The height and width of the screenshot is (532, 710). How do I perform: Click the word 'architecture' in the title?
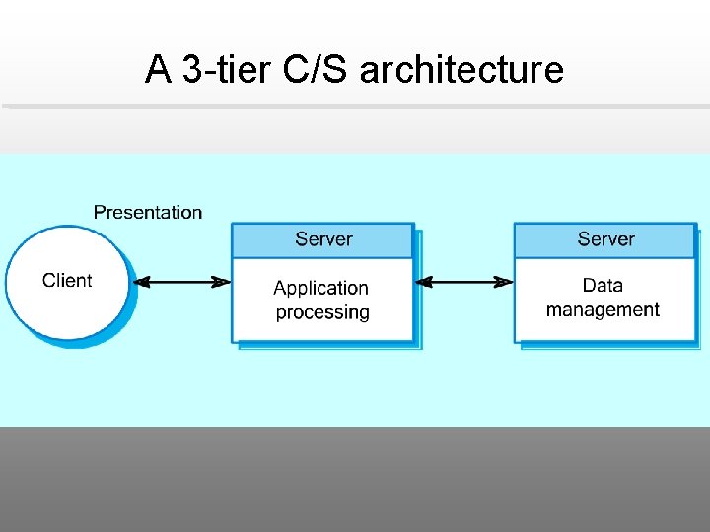coord(461,70)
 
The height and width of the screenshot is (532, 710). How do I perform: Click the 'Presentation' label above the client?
coord(148,212)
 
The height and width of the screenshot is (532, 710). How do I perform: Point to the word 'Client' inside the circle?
coord(67,281)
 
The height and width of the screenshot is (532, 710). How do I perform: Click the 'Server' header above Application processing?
coord(323,239)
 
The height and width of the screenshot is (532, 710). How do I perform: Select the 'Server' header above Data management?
coord(605,239)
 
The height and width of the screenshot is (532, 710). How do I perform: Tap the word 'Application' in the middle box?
coord(320,288)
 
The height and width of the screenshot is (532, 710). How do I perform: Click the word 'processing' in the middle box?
coord(322,312)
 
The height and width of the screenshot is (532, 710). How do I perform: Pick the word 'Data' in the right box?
coord(603,286)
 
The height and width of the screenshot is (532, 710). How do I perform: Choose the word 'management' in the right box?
coord(603,310)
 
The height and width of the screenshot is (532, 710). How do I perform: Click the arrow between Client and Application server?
coord(182,282)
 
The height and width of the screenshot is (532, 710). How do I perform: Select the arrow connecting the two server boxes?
coord(463,282)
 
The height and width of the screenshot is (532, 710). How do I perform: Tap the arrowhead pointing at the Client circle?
coord(142,282)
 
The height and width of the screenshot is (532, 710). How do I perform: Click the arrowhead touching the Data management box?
coord(504,282)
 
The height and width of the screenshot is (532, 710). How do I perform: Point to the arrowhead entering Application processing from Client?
coord(222,282)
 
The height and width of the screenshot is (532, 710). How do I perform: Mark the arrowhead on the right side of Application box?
coord(424,282)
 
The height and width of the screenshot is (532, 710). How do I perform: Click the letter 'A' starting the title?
coord(157,70)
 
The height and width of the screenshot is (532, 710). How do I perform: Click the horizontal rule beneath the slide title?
coord(355,106)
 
